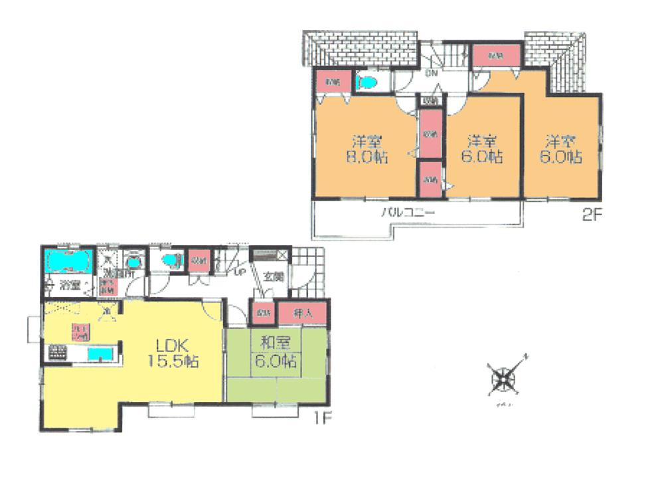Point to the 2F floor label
tap(591, 216)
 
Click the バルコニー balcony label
tap(407, 213)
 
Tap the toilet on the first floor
tap(170, 261)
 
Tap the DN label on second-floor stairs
tap(432, 73)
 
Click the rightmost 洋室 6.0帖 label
tap(564, 149)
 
